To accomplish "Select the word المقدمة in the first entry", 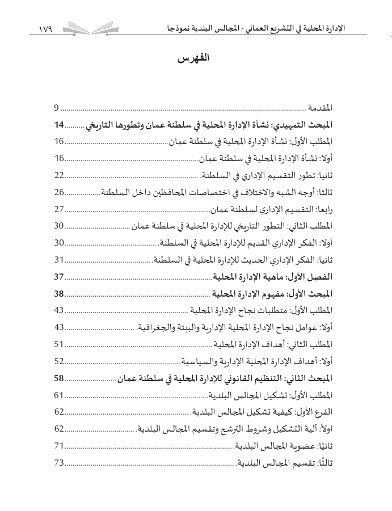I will pyautogui.click(x=321, y=108).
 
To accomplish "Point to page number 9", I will pyautogui.click(x=57, y=108).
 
